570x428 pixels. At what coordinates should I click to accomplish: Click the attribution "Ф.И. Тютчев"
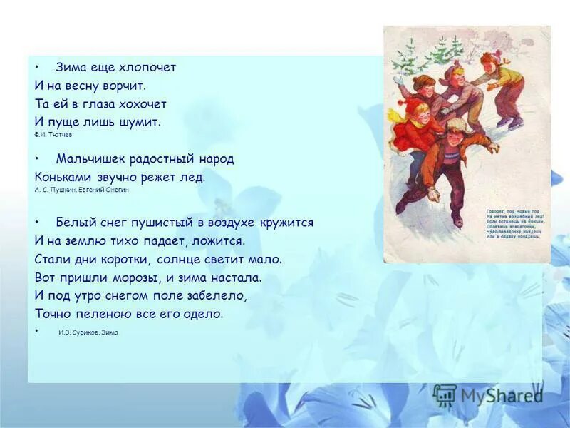53,134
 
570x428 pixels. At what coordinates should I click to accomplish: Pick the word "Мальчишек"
87,158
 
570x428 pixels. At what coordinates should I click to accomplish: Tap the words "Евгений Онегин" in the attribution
109,190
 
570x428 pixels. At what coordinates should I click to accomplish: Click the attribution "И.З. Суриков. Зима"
88,332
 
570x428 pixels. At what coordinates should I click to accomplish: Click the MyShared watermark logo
490,394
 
